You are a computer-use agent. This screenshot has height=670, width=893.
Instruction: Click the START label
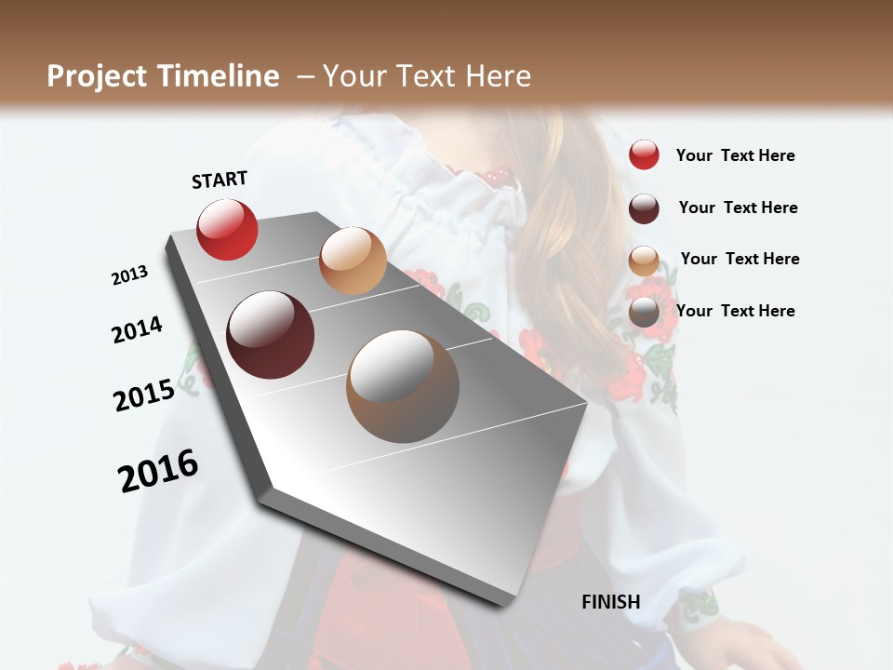point(220,180)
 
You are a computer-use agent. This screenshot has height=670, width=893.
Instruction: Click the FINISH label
point(611,602)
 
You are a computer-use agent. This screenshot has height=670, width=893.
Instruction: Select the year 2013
point(130,275)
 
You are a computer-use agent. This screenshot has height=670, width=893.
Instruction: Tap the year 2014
point(137,330)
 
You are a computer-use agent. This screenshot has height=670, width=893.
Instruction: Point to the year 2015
point(144,395)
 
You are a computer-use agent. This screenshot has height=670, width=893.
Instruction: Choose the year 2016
point(158,470)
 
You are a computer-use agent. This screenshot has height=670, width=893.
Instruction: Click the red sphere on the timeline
point(227,229)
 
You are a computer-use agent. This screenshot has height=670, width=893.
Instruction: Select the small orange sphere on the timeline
point(353,261)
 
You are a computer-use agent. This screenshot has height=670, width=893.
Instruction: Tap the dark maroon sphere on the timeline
point(271,335)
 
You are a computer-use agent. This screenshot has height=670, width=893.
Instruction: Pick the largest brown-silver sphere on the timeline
point(403,386)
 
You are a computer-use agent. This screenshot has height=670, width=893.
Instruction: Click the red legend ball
point(644,155)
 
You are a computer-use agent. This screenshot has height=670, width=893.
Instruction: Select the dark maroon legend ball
point(644,208)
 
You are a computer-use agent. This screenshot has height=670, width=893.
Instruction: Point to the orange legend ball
point(644,261)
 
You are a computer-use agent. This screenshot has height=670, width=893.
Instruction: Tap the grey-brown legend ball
point(644,312)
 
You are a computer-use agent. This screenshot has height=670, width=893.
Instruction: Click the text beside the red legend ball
point(735,155)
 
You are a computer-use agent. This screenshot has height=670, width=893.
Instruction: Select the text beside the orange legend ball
point(740,259)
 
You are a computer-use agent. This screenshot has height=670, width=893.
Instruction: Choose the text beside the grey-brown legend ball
point(735,311)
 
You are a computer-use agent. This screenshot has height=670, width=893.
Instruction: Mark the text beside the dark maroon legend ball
point(738,208)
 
